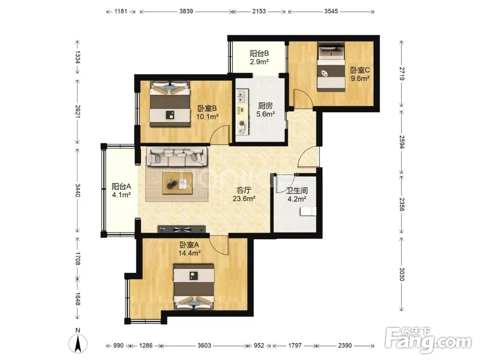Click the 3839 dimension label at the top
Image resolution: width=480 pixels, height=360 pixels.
click(186, 12)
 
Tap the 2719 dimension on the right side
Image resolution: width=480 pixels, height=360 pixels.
click(402, 73)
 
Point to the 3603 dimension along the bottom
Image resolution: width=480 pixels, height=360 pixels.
click(204, 345)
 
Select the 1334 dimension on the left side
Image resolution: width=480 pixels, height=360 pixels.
click(78, 57)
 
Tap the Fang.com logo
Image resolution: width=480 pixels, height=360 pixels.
click(428, 340)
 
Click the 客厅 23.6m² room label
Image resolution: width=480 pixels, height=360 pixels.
click(244, 194)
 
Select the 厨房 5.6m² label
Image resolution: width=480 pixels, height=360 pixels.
click(265, 110)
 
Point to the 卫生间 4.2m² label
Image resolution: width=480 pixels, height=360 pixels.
click(297, 195)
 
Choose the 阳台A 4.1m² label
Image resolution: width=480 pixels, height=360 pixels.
click(121, 191)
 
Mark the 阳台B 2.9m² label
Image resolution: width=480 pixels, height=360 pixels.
click(259, 58)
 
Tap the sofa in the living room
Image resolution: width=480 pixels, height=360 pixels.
click(177, 156)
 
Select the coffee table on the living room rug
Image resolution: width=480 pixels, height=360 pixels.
click(177, 183)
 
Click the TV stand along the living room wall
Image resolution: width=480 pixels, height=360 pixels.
click(181, 229)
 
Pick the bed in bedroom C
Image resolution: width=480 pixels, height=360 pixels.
click(331, 67)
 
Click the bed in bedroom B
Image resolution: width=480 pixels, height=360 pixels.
click(169, 104)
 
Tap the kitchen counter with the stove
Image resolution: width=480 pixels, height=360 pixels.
click(242, 112)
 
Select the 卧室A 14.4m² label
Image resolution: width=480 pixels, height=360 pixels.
click(189, 249)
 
